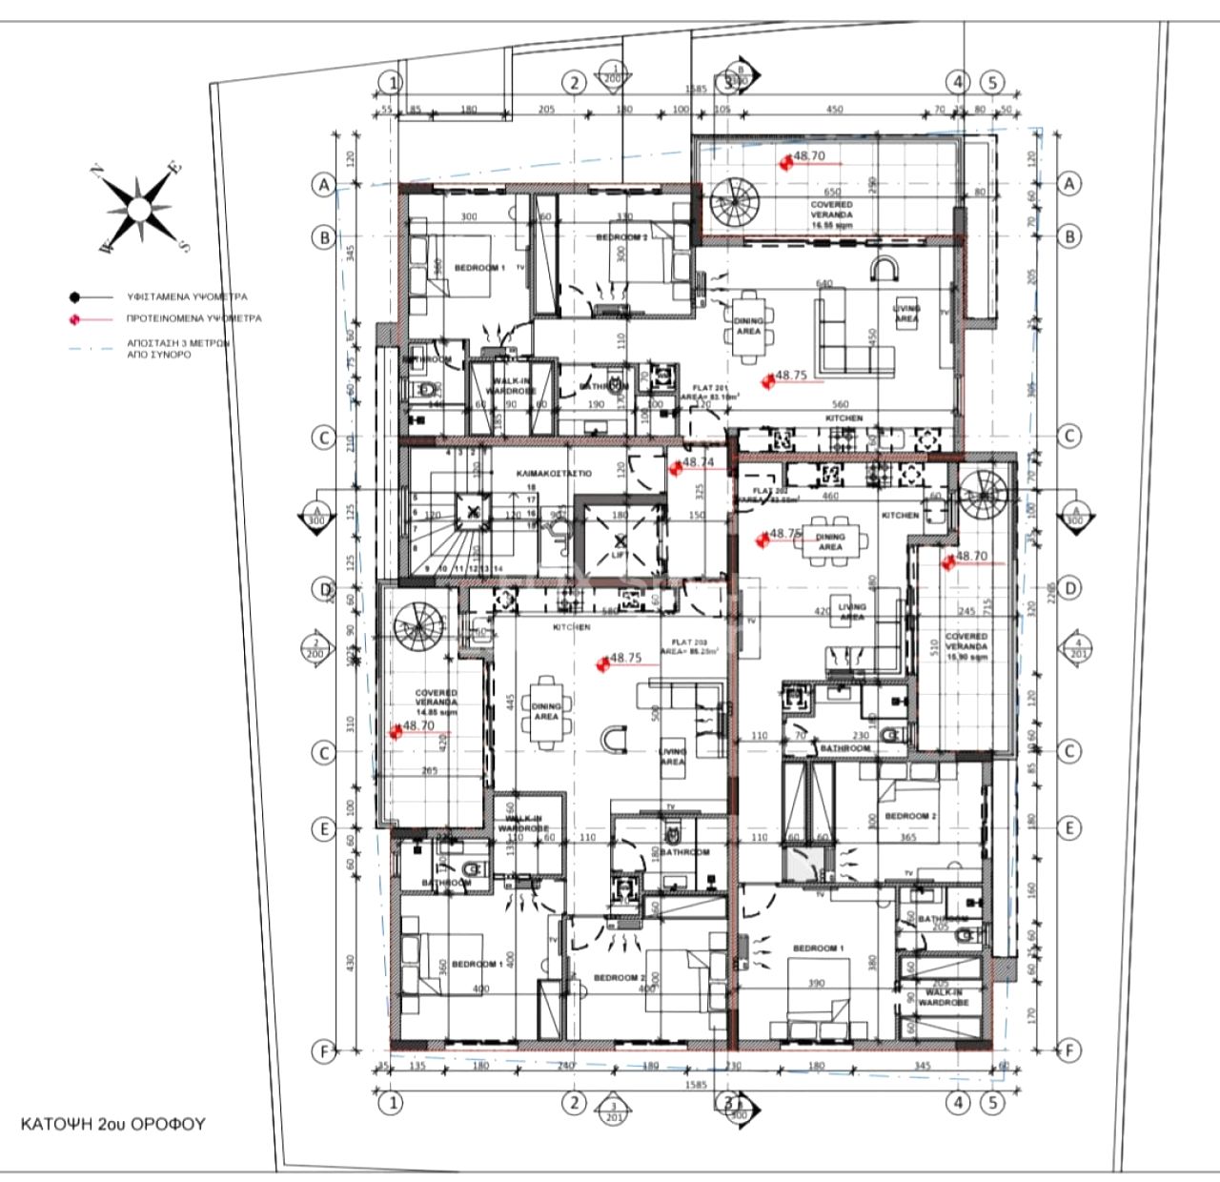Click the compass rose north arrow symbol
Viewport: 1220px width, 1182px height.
click(139, 208)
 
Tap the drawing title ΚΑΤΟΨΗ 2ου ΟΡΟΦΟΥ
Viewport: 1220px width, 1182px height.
click(112, 1124)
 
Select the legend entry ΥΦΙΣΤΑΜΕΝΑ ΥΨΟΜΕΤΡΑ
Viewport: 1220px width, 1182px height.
click(187, 296)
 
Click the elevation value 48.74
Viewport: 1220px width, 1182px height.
click(698, 462)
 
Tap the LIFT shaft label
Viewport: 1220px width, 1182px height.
click(620, 554)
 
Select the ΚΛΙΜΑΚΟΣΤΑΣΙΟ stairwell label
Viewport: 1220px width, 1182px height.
click(553, 474)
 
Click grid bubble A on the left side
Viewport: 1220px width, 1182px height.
click(324, 185)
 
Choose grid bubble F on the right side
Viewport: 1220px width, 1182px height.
click(1069, 1051)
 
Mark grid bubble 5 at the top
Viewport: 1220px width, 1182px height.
click(992, 83)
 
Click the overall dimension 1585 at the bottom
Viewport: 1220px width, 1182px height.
click(695, 1085)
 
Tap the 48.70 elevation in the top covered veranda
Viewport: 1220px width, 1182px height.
click(808, 156)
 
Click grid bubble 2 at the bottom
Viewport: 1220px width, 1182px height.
click(574, 1103)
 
